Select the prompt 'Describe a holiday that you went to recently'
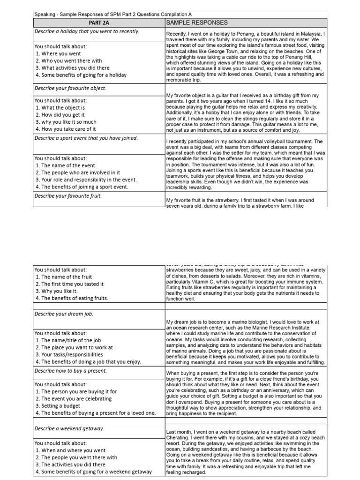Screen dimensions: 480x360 (x=86, y=32)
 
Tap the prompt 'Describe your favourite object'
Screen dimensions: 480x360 (x=70, y=88)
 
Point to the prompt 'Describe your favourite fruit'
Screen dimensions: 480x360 (x=68, y=196)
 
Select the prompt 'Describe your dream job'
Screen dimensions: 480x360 (x=65, y=314)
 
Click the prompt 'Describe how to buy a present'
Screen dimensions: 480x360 (x=71, y=370)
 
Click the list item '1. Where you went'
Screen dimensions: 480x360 (x=58, y=54)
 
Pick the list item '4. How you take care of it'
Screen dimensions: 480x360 (x=66, y=129)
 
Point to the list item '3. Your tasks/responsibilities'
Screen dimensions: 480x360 (x=69, y=355)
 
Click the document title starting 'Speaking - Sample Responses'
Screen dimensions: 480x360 (x=113, y=15)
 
